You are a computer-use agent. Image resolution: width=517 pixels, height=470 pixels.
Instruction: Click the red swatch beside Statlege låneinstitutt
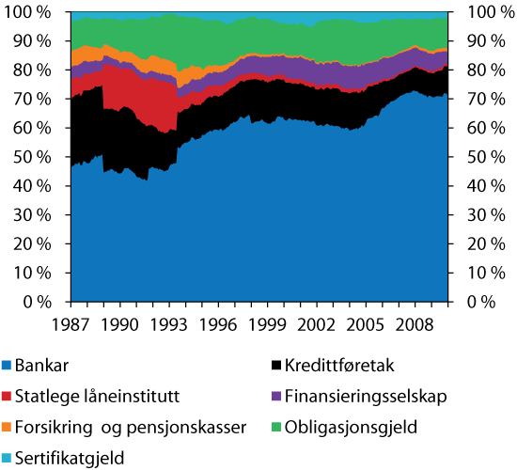[8, 395]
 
